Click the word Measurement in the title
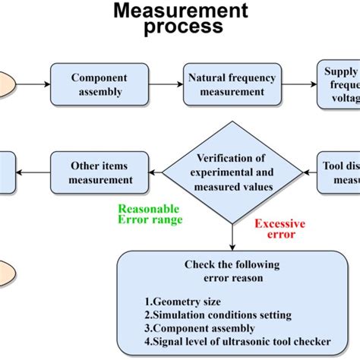click(x=180, y=11)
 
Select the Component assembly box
click(x=99, y=84)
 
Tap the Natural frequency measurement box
click(x=226, y=84)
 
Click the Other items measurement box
click(x=99, y=172)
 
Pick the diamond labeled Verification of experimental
click(x=230, y=172)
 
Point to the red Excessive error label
click(x=279, y=229)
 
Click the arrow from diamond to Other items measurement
click(x=156, y=172)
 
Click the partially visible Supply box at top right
click(x=339, y=84)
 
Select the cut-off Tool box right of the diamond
click(x=339, y=172)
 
